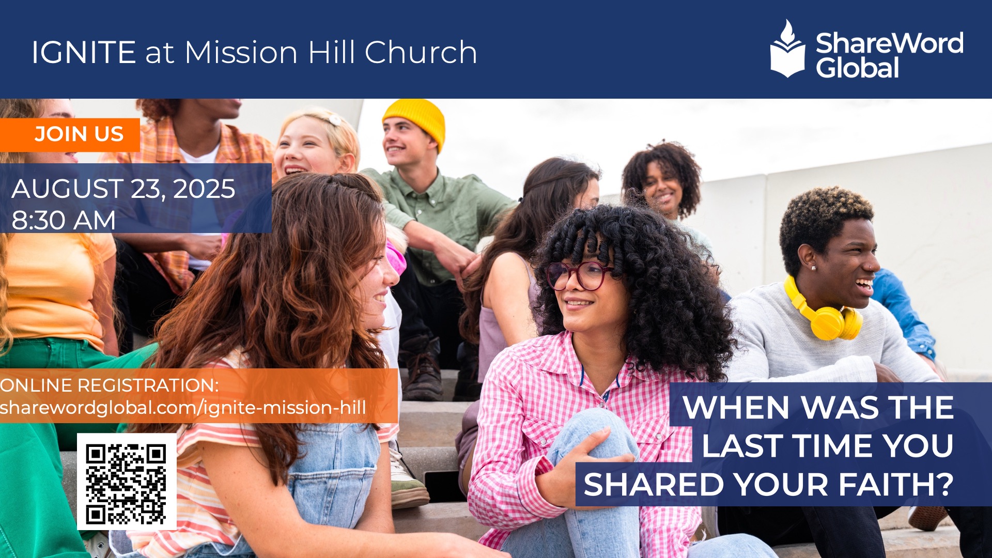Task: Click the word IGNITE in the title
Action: click(x=84, y=52)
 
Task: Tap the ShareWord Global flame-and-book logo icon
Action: click(x=787, y=49)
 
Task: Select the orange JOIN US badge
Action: click(x=70, y=135)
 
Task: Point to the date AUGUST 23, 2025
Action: click(x=123, y=189)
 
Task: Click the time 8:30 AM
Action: click(x=64, y=220)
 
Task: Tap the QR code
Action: click(x=127, y=482)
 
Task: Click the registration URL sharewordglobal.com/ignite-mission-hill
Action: click(x=183, y=408)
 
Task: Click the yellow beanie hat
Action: click(x=414, y=122)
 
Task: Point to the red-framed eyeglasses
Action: click(x=579, y=274)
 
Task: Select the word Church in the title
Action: click(x=421, y=52)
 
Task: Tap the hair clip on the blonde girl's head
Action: click(x=333, y=120)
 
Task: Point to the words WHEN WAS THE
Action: click(x=818, y=408)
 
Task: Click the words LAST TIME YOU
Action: click(x=827, y=446)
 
